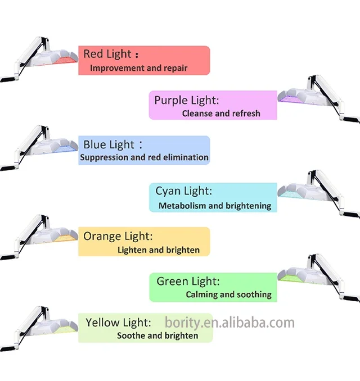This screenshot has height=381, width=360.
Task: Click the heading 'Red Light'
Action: tap(107, 55)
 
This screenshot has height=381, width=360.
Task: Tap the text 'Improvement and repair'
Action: tap(138, 68)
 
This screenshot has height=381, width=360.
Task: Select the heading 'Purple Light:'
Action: tap(186, 100)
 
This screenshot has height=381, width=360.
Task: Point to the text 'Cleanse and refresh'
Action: tap(221, 113)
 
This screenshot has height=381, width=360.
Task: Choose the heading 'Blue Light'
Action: tap(109, 145)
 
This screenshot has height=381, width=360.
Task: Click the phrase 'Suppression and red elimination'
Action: tap(144, 157)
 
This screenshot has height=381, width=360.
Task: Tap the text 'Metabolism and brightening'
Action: tap(215, 206)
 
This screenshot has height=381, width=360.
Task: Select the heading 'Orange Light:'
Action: tap(118, 236)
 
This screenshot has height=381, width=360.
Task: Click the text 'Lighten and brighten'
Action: tap(159, 250)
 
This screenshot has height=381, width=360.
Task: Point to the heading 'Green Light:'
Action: tap(188, 281)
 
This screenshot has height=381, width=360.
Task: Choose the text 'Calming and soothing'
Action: tap(228, 294)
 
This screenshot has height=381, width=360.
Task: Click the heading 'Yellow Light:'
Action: tap(118, 323)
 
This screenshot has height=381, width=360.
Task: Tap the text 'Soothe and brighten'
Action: tap(157, 335)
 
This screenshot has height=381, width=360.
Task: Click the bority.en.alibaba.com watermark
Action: tap(229, 323)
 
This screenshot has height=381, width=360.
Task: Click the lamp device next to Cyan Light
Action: tap(315, 188)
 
